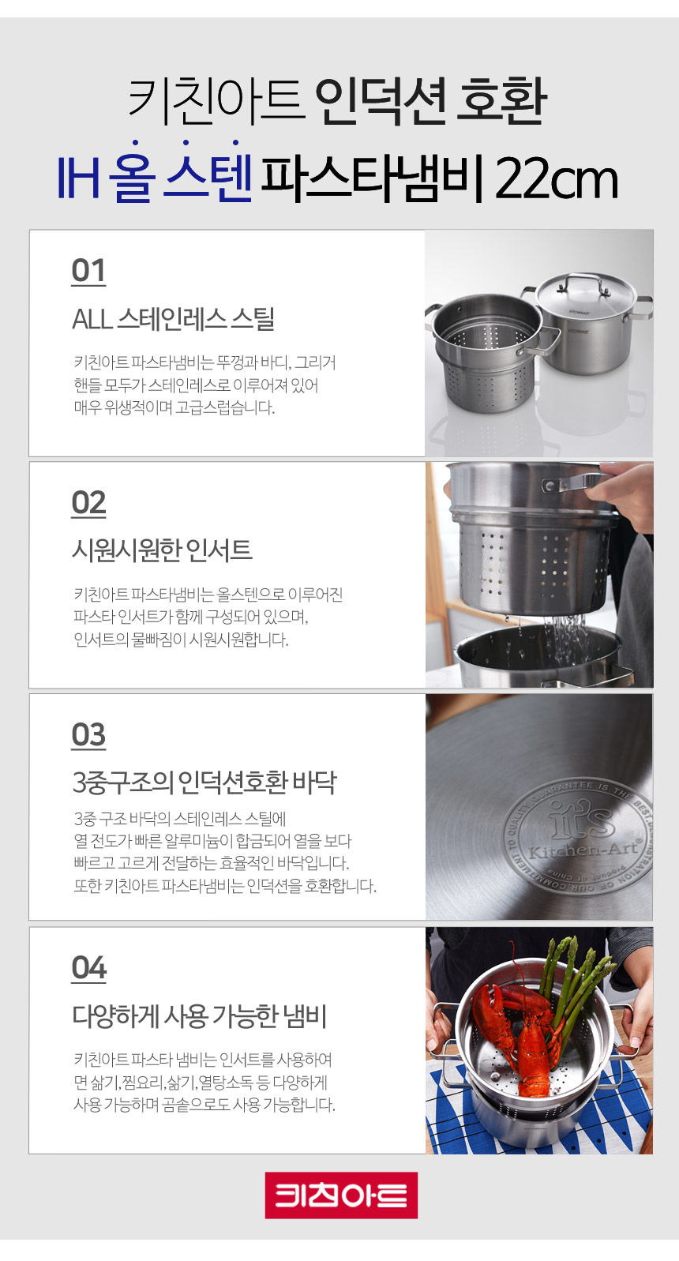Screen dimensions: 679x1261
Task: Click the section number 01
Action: [88, 271]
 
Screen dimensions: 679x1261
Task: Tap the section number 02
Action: [88, 503]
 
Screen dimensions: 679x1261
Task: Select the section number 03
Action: [88, 735]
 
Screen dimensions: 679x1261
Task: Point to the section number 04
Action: [88, 968]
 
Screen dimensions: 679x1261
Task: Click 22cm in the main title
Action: [557, 179]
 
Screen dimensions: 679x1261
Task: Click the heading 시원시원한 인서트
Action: [162, 550]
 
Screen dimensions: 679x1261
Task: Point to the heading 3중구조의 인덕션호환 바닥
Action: [204, 782]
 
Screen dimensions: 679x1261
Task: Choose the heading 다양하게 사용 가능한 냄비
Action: [199, 1016]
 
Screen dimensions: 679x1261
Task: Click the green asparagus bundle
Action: [574, 980]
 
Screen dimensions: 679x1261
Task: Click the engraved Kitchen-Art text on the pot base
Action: [583, 848]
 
